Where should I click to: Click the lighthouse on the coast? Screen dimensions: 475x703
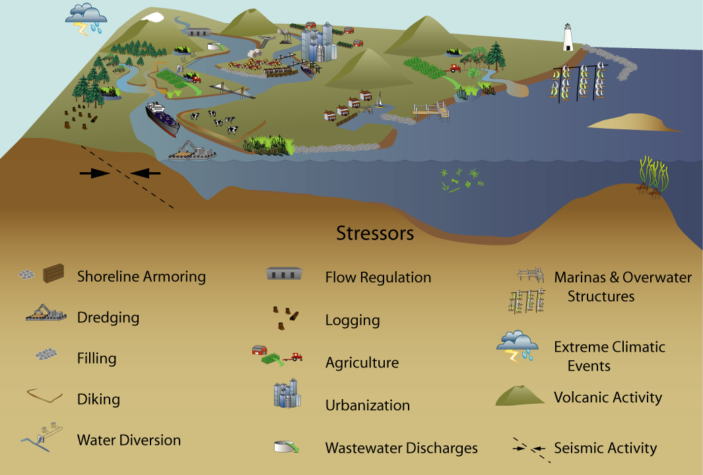[567, 38]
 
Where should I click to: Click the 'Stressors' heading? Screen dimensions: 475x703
[375, 234]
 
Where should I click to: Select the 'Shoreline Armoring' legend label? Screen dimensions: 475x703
[141, 276]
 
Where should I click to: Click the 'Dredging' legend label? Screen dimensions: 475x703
[108, 317]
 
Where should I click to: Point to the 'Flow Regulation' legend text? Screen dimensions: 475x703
[378, 278]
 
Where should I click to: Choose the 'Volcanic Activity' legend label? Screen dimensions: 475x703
[608, 397]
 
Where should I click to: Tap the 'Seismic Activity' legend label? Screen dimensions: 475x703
[605, 449]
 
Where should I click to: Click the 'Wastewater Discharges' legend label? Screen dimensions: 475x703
[401, 449]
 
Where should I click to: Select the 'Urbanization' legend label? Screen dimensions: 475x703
[368, 406]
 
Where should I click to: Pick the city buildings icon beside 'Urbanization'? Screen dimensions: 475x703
[287, 395]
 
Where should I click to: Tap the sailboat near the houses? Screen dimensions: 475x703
[380, 102]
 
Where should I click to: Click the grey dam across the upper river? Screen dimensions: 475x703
[197, 31]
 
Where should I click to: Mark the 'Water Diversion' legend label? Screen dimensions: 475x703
[129, 440]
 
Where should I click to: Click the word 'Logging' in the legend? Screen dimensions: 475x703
[352, 321]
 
